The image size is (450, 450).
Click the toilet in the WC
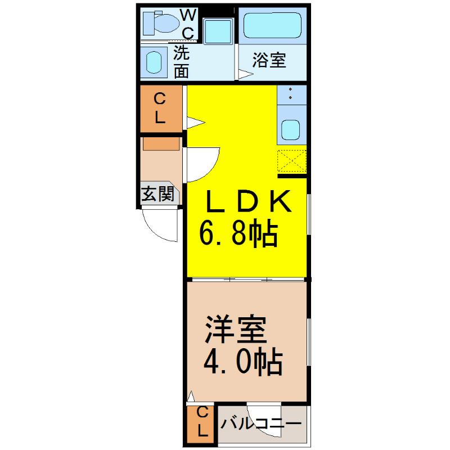tap(160, 22)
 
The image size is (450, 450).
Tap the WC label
tap(188, 24)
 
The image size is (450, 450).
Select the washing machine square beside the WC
tap(218, 31)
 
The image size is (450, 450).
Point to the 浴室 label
tap(269, 60)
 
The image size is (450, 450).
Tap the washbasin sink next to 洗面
tap(154, 62)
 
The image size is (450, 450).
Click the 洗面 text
tap(181, 62)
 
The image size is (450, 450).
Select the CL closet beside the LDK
tap(161, 109)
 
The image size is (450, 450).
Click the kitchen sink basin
tap(290, 130)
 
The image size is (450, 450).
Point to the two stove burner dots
tap(290, 93)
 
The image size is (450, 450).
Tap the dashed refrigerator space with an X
tap(292, 161)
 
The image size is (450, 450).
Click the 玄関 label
tap(158, 193)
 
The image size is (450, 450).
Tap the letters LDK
tap(249, 201)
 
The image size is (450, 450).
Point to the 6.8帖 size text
tap(238, 233)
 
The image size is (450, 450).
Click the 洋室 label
tap(236, 330)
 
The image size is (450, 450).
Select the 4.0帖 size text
tap(243, 362)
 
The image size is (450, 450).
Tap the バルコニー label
tap(261, 424)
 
